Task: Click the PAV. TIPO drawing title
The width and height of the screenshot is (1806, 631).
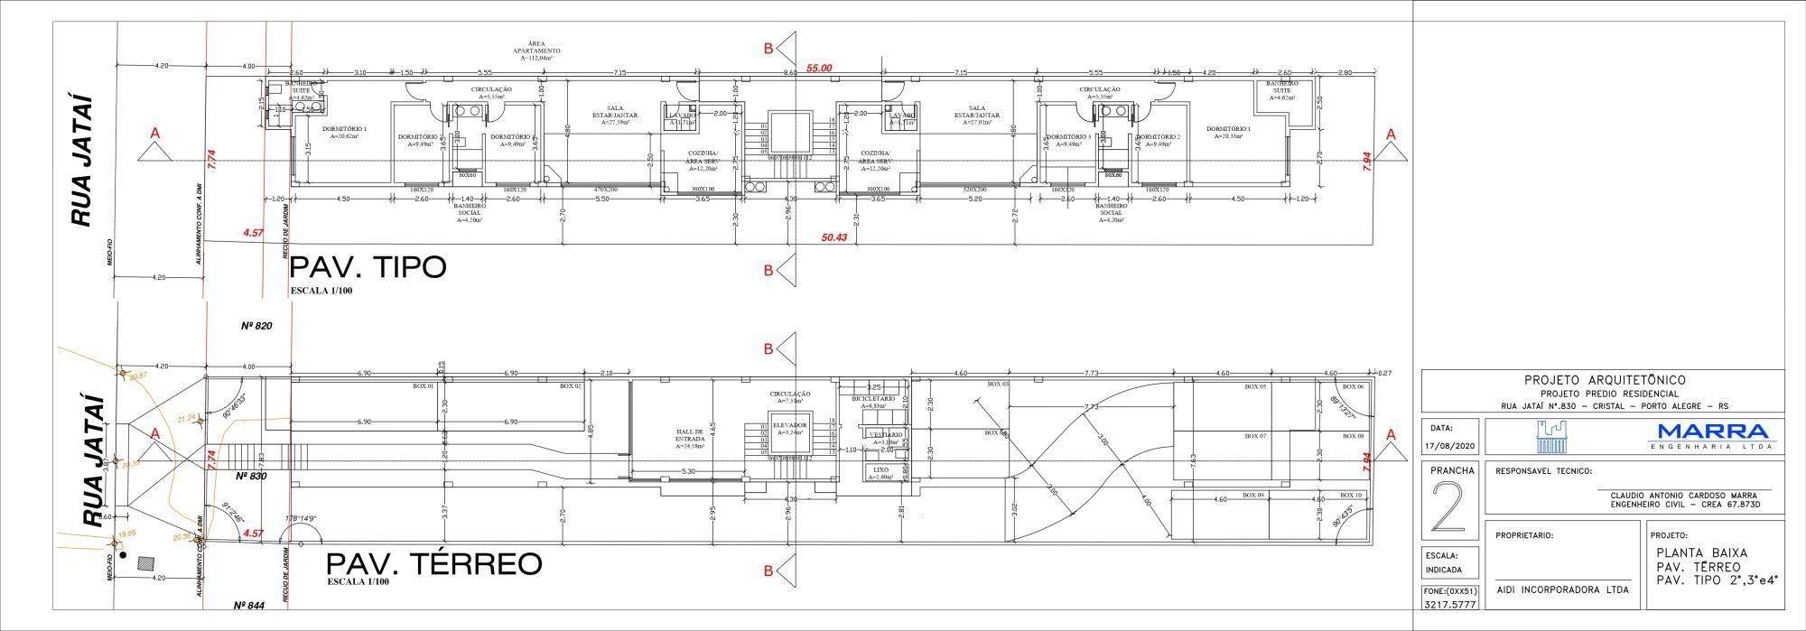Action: pos(367,268)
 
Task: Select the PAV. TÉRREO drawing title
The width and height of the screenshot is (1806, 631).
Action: pos(433,564)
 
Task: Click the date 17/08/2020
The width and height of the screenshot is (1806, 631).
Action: pos(1448,447)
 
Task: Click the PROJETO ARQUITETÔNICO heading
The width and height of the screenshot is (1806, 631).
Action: pos(1603,381)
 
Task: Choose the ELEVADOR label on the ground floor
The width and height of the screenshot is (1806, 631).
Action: pos(790,423)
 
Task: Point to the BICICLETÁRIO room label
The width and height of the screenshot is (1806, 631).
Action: pos(873,398)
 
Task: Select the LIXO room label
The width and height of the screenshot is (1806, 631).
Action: pos(879,470)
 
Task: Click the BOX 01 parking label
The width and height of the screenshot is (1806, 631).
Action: pos(423,386)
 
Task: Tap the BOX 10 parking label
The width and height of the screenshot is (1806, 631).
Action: pos(1351,496)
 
